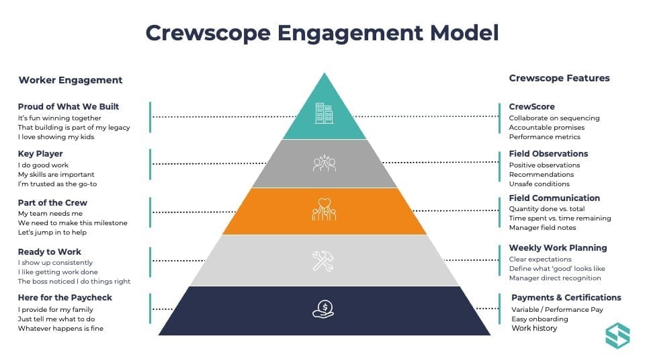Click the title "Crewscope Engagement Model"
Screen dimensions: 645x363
pyautogui.click(x=322, y=33)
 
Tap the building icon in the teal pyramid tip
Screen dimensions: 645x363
pyautogui.click(x=324, y=113)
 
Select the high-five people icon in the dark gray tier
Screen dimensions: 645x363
pyautogui.click(x=324, y=163)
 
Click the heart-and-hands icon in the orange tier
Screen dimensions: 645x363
pyautogui.click(x=324, y=210)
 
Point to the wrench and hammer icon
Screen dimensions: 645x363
pyautogui.click(x=323, y=261)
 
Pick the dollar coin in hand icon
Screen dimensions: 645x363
pyautogui.click(x=323, y=309)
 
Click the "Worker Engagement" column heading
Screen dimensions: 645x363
pyautogui.click(x=71, y=80)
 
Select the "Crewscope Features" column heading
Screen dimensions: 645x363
pyautogui.click(x=560, y=78)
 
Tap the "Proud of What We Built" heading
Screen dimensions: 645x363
pyautogui.click(x=69, y=107)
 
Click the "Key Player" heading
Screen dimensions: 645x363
pyautogui.click(x=40, y=154)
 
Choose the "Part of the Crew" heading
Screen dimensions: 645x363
pyautogui.click(x=52, y=202)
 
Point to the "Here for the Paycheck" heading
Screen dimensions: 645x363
pyautogui.click(x=65, y=298)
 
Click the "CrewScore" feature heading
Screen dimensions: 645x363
pyautogui.click(x=532, y=107)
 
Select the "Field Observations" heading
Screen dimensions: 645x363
pyautogui.click(x=548, y=154)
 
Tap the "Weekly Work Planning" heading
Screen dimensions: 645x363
pyautogui.click(x=558, y=248)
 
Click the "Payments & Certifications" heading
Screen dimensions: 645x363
pyautogui.click(x=566, y=298)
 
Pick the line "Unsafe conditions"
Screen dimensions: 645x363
pyautogui.click(x=540, y=184)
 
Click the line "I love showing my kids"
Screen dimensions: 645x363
pyautogui.click(x=56, y=137)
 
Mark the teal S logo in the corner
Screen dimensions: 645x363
pyautogui.click(x=617, y=335)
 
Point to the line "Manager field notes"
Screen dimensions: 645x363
pyautogui.click(x=542, y=228)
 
